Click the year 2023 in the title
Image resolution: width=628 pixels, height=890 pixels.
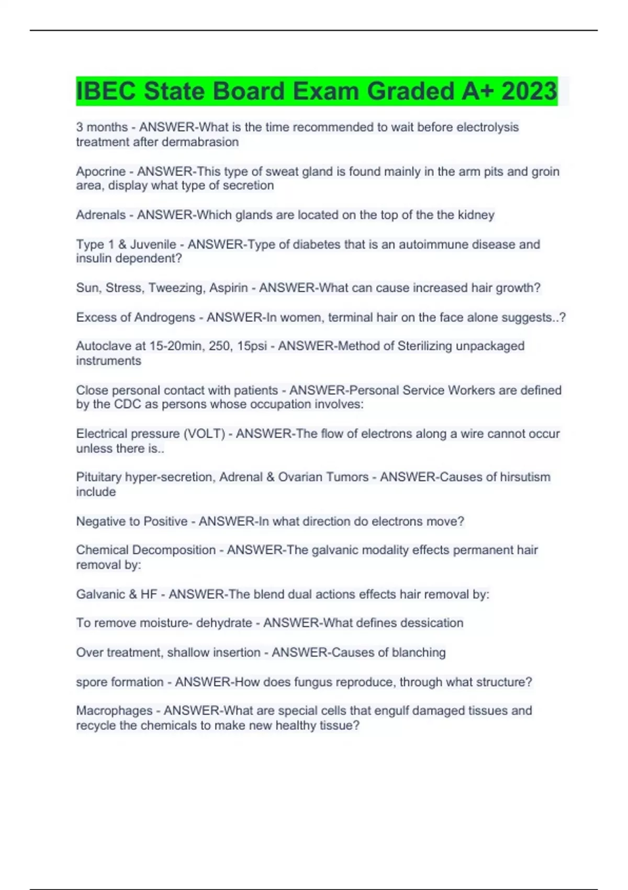click(529, 91)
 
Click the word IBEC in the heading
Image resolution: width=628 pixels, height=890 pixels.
click(106, 91)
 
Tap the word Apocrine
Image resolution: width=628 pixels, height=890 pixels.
click(100, 171)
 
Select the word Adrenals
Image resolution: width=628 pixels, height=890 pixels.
click(100, 215)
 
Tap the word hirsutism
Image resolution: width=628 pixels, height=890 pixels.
click(525, 477)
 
